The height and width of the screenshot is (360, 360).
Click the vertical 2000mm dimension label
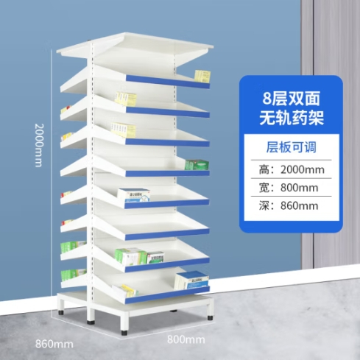point(39,145)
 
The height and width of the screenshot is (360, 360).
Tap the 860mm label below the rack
point(54,344)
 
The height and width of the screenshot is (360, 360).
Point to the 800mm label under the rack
point(186,339)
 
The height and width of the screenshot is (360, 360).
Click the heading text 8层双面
point(292,99)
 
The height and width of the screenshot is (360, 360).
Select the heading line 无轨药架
point(292,118)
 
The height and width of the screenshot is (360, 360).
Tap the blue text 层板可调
point(292,147)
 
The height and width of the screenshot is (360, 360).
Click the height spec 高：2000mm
point(292,169)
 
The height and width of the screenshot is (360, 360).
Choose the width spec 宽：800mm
point(289,188)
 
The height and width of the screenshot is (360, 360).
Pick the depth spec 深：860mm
point(289,205)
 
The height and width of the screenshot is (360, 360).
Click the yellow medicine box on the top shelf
point(202,77)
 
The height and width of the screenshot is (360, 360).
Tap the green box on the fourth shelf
point(197,165)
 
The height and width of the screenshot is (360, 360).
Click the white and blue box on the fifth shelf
point(134,195)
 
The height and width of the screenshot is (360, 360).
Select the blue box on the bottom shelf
point(191,280)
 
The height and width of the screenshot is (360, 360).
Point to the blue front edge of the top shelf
point(168,82)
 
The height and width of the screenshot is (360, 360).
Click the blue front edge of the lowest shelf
point(167,294)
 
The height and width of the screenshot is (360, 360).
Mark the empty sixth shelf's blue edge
point(167,234)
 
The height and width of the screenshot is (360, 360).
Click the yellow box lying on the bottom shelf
point(125,291)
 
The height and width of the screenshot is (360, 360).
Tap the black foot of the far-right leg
point(210,317)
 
